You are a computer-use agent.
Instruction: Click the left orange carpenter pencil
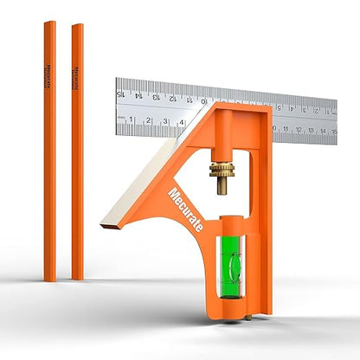tap(49, 147)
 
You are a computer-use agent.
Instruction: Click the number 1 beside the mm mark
tap(132, 120)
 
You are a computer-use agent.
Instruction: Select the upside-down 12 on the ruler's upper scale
tap(173, 97)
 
